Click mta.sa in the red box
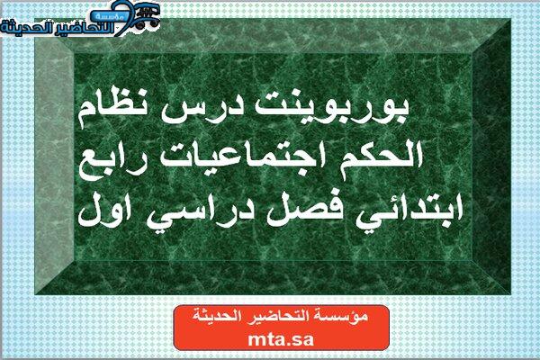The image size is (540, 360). click(281, 339)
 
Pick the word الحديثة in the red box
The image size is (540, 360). click(211, 316)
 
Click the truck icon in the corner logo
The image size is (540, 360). click(146, 16)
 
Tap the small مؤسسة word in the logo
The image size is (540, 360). click(109, 16)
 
